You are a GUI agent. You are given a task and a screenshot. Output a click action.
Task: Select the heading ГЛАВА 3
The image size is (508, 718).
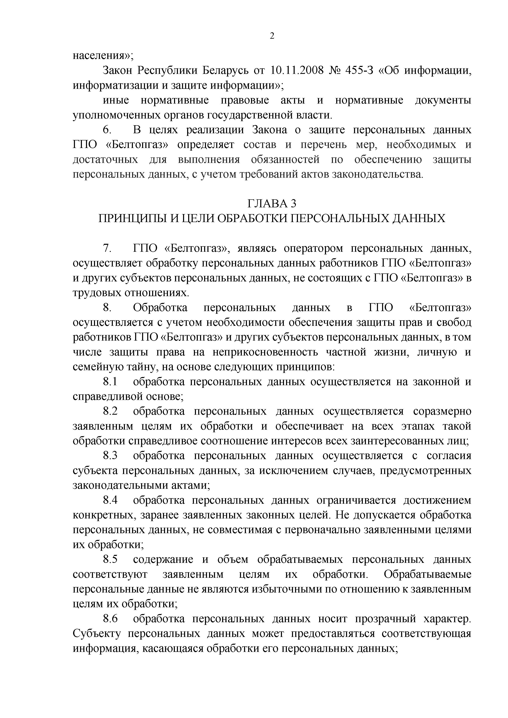point(272,204)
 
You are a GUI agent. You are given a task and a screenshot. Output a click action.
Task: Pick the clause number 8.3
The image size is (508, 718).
point(110,456)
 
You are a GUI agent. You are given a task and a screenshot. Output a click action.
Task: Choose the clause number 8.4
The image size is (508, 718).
point(110,500)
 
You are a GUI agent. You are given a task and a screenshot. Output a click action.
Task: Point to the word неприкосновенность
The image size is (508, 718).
point(265,352)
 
